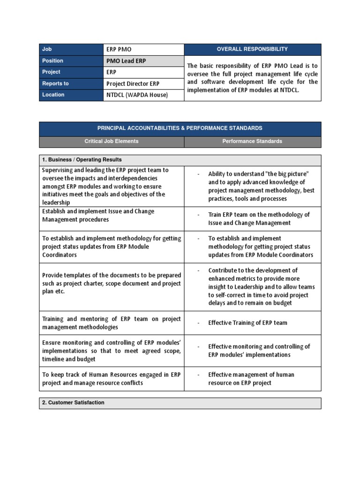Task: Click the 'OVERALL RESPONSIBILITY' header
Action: [x=252, y=49]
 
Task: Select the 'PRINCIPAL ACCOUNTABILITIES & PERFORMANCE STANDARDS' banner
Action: [x=180, y=128]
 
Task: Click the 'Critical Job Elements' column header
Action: [x=112, y=141]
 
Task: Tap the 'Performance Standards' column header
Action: [x=252, y=141]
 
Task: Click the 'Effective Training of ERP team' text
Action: [x=248, y=322]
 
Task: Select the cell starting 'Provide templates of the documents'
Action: [x=112, y=283]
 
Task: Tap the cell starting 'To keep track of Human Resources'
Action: [x=112, y=379]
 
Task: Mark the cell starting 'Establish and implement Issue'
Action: [x=112, y=216]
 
